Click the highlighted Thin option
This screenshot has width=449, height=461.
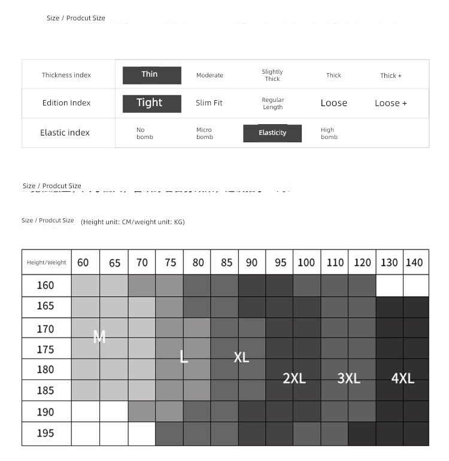152,75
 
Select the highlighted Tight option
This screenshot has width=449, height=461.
152,103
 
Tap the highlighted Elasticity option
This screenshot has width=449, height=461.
272,133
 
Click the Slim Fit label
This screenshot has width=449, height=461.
209,103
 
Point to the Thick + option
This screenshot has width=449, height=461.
391,76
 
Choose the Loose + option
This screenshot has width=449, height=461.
391,103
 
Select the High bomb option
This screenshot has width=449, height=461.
329,133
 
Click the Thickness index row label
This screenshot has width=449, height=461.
66,76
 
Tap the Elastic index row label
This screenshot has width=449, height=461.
65,132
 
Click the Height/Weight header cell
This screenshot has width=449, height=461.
47,263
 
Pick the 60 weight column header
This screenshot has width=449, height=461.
83,263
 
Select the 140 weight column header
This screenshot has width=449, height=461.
414,263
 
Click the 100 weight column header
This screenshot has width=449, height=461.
306,263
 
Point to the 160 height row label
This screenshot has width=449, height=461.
45,285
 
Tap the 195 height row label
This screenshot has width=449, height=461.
45,433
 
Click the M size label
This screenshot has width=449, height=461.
99,338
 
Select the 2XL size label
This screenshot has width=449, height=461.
294,378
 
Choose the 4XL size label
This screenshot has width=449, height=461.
403,378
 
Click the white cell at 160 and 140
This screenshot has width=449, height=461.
415,286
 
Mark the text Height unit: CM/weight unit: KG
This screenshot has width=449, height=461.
133,222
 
